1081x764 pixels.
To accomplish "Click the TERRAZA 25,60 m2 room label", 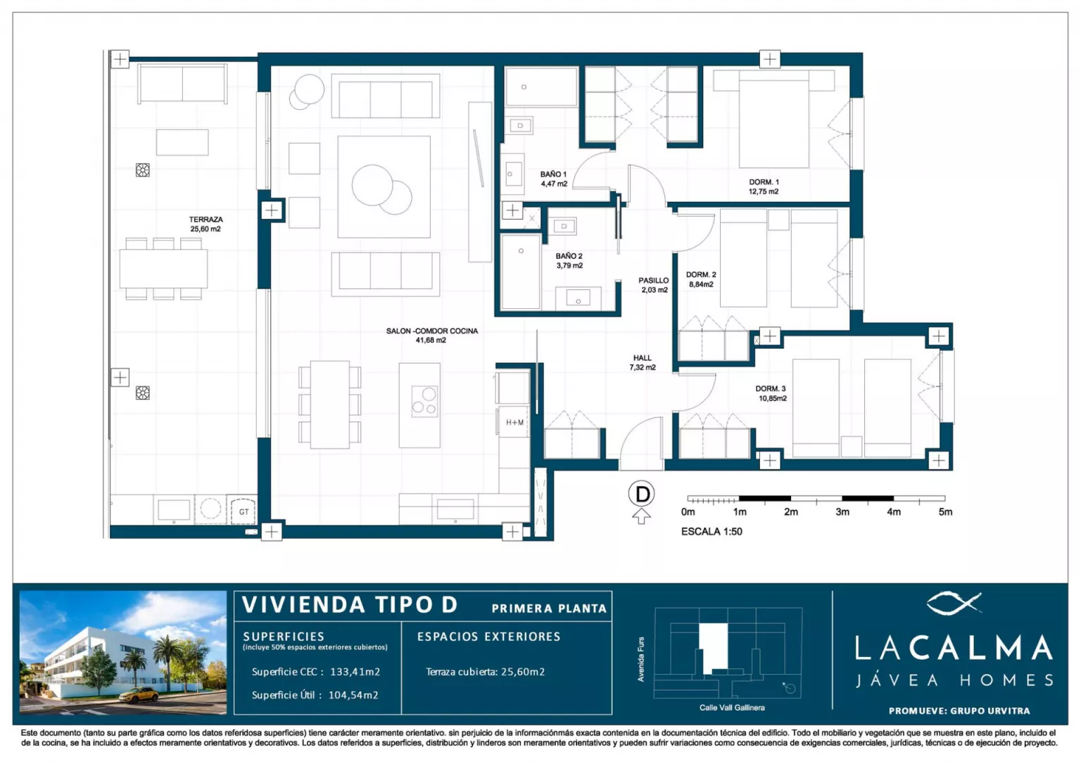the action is click(x=206, y=224).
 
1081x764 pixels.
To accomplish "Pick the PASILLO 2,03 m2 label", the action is click(x=654, y=285).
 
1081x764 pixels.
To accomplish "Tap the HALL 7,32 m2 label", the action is click(x=643, y=363).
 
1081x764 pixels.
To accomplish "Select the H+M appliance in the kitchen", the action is click(x=514, y=423).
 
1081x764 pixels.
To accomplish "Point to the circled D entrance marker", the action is click(x=641, y=494).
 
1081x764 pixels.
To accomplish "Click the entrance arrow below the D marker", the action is click(x=641, y=516).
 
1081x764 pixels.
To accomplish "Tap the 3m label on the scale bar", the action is click(x=842, y=511).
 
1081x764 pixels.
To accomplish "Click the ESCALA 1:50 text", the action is click(x=712, y=532).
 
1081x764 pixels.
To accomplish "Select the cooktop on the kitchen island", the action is click(x=424, y=401).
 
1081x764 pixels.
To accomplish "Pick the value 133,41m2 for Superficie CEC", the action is click(x=355, y=671).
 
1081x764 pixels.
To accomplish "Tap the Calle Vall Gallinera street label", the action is click(x=732, y=708).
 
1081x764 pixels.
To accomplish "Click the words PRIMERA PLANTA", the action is click(x=549, y=609).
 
